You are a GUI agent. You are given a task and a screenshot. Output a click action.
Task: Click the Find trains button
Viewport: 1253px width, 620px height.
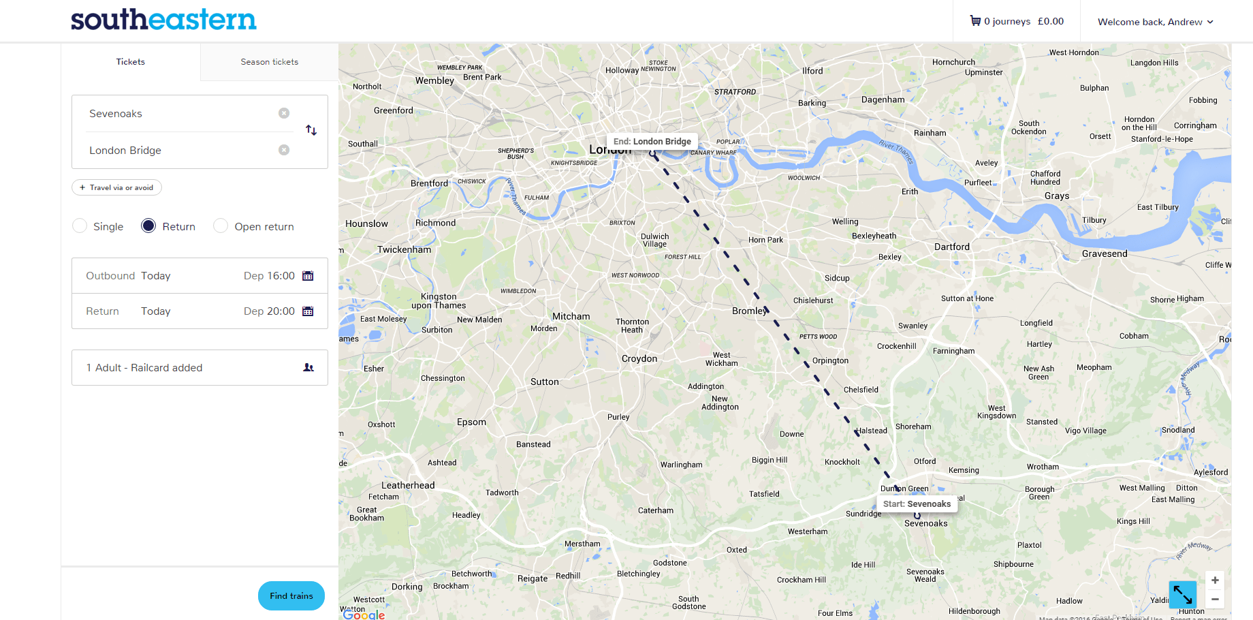click(x=291, y=595)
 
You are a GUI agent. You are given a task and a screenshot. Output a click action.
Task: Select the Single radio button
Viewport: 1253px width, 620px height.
click(x=80, y=226)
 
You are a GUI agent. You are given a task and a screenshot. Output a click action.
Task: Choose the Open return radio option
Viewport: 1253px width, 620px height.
click(x=221, y=226)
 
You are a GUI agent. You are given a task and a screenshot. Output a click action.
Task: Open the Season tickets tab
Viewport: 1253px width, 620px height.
click(x=269, y=62)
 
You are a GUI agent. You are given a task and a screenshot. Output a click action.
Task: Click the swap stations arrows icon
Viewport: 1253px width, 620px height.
click(x=311, y=130)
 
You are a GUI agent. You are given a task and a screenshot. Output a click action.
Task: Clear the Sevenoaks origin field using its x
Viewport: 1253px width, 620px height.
click(x=284, y=113)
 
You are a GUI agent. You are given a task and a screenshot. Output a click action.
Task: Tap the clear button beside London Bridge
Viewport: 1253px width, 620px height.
click(x=284, y=150)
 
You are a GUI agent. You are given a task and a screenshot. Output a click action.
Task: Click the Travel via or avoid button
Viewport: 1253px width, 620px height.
click(x=116, y=187)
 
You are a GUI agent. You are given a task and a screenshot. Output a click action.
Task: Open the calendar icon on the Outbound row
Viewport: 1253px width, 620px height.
click(x=308, y=276)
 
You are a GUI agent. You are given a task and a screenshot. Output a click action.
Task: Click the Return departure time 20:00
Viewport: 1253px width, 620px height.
click(x=270, y=311)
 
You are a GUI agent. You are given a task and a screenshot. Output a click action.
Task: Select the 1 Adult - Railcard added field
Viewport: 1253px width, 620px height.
click(x=200, y=368)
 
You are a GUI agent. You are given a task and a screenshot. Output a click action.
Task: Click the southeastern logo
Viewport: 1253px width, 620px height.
click(x=163, y=20)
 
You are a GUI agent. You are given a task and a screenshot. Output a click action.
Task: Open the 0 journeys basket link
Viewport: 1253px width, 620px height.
click(x=1017, y=21)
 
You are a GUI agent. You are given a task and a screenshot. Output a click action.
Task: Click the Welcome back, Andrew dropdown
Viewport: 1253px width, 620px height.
click(x=1155, y=22)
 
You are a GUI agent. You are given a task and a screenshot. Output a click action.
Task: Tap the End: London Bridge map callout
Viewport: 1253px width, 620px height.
click(x=652, y=142)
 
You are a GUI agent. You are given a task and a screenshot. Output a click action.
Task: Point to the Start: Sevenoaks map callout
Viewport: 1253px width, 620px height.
click(x=917, y=504)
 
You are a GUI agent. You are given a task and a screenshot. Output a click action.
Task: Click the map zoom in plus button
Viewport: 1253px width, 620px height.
click(x=1215, y=580)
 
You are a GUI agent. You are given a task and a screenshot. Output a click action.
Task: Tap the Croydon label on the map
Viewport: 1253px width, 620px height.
click(x=639, y=358)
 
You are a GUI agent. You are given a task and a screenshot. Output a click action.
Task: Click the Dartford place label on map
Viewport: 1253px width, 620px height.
click(x=952, y=247)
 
